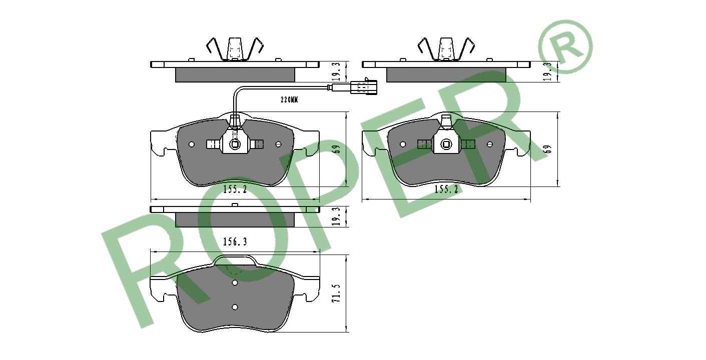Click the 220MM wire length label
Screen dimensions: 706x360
coord(289,100)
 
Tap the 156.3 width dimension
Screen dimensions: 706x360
coord(235,242)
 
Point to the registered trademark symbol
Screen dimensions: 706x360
coord(566,46)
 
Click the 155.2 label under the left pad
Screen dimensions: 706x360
coord(235,189)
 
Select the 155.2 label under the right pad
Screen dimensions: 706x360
coord(446,189)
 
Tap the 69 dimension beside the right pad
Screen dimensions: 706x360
coord(548,149)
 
